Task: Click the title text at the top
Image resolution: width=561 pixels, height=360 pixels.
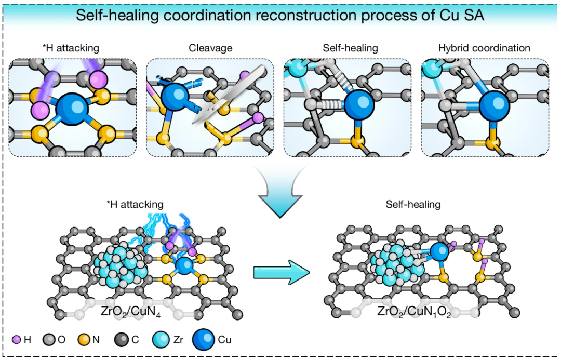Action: [280, 15]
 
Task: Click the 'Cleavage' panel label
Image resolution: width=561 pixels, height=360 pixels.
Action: [209, 48]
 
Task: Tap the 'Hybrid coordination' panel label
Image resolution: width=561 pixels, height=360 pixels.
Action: [484, 48]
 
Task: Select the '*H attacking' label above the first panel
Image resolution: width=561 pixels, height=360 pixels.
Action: [72, 48]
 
